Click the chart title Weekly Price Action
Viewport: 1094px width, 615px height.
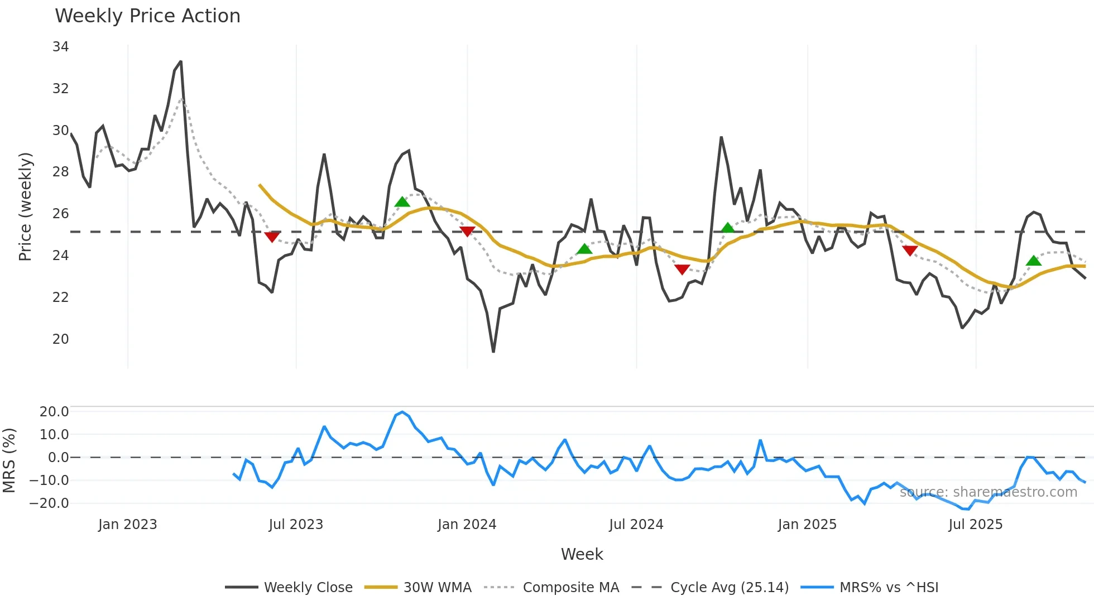tap(147, 16)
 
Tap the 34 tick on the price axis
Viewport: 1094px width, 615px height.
tap(60, 47)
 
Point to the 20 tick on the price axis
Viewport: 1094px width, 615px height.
tap(60, 339)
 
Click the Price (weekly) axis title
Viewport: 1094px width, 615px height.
tap(26, 206)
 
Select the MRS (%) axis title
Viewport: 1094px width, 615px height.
tap(9, 460)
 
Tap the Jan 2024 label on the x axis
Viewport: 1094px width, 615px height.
tap(467, 525)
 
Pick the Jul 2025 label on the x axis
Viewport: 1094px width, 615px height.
tap(975, 525)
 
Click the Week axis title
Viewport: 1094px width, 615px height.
tap(582, 554)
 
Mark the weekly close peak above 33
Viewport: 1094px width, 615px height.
tap(181, 62)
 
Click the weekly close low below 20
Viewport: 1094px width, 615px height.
tap(493, 352)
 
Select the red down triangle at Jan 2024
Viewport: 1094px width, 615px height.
tap(467, 232)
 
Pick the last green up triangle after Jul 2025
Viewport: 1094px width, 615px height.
tap(1034, 261)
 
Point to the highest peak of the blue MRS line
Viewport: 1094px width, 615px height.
tap(402, 412)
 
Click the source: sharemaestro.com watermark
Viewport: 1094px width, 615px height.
tap(988, 492)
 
